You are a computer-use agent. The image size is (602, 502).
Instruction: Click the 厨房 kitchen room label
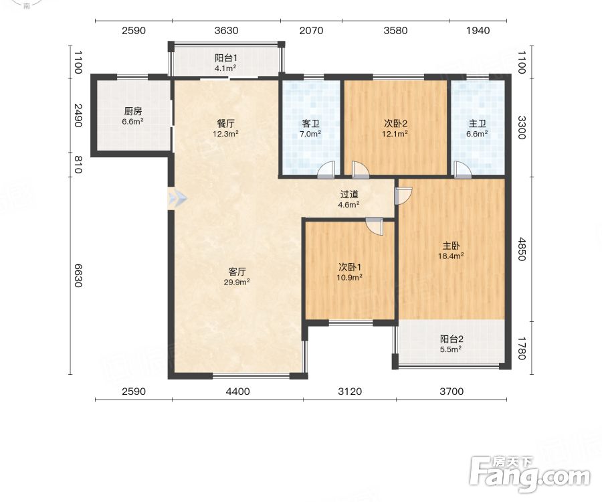(x=133, y=111)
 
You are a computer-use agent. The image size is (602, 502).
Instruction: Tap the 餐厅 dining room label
(x=226, y=124)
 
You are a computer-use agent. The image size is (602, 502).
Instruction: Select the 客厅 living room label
(x=237, y=272)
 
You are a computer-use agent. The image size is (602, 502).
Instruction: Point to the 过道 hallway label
(x=349, y=195)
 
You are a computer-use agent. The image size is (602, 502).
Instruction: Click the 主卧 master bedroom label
(x=451, y=246)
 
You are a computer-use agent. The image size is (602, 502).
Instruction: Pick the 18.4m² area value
(x=451, y=256)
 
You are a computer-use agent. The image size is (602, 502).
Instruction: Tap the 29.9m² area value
(x=237, y=282)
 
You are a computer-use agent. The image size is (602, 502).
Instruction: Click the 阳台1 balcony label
(x=226, y=58)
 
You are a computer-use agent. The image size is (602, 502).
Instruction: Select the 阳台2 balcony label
(x=451, y=339)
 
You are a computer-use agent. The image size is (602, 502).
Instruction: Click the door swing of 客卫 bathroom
(x=326, y=170)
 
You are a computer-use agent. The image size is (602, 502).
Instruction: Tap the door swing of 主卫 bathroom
(x=462, y=170)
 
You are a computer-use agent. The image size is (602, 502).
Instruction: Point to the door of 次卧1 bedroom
(x=375, y=226)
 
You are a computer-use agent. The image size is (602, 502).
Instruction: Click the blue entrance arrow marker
(x=177, y=199)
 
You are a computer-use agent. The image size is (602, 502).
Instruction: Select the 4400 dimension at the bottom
(x=237, y=392)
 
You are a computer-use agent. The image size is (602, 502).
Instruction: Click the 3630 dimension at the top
(x=226, y=30)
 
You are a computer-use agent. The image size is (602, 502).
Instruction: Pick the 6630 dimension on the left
(x=78, y=275)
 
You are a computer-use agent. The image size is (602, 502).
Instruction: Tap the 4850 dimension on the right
(x=521, y=249)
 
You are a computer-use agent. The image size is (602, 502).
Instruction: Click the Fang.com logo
(x=530, y=474)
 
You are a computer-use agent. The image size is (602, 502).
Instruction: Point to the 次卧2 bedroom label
(x=395, y=124)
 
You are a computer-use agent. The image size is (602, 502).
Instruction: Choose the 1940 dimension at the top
(x=478, y=30)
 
